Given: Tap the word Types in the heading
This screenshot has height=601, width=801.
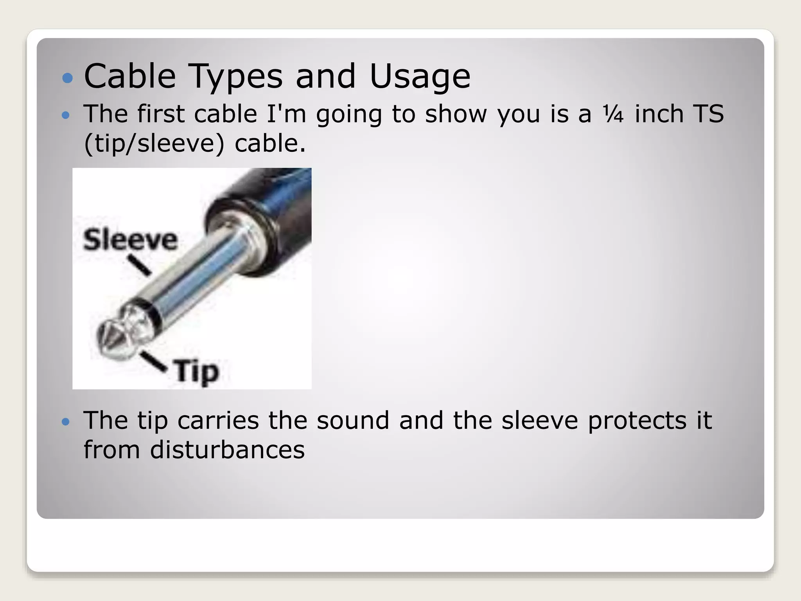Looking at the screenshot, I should [235, 76].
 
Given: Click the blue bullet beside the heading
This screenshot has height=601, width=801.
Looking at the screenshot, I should [68, 77].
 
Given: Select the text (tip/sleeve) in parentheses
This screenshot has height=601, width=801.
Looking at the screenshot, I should [154, 143].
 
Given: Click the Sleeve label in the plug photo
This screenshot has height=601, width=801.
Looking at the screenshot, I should [130, 239].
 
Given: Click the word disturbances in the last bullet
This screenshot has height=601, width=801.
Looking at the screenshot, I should [227, 450].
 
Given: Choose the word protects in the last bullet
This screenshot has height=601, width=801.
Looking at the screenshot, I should [637, 421].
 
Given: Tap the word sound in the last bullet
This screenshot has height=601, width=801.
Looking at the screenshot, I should [353, 420].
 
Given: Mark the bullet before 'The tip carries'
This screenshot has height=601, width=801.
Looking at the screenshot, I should [66, 422].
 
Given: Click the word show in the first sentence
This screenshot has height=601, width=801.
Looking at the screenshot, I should [456, 114].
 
